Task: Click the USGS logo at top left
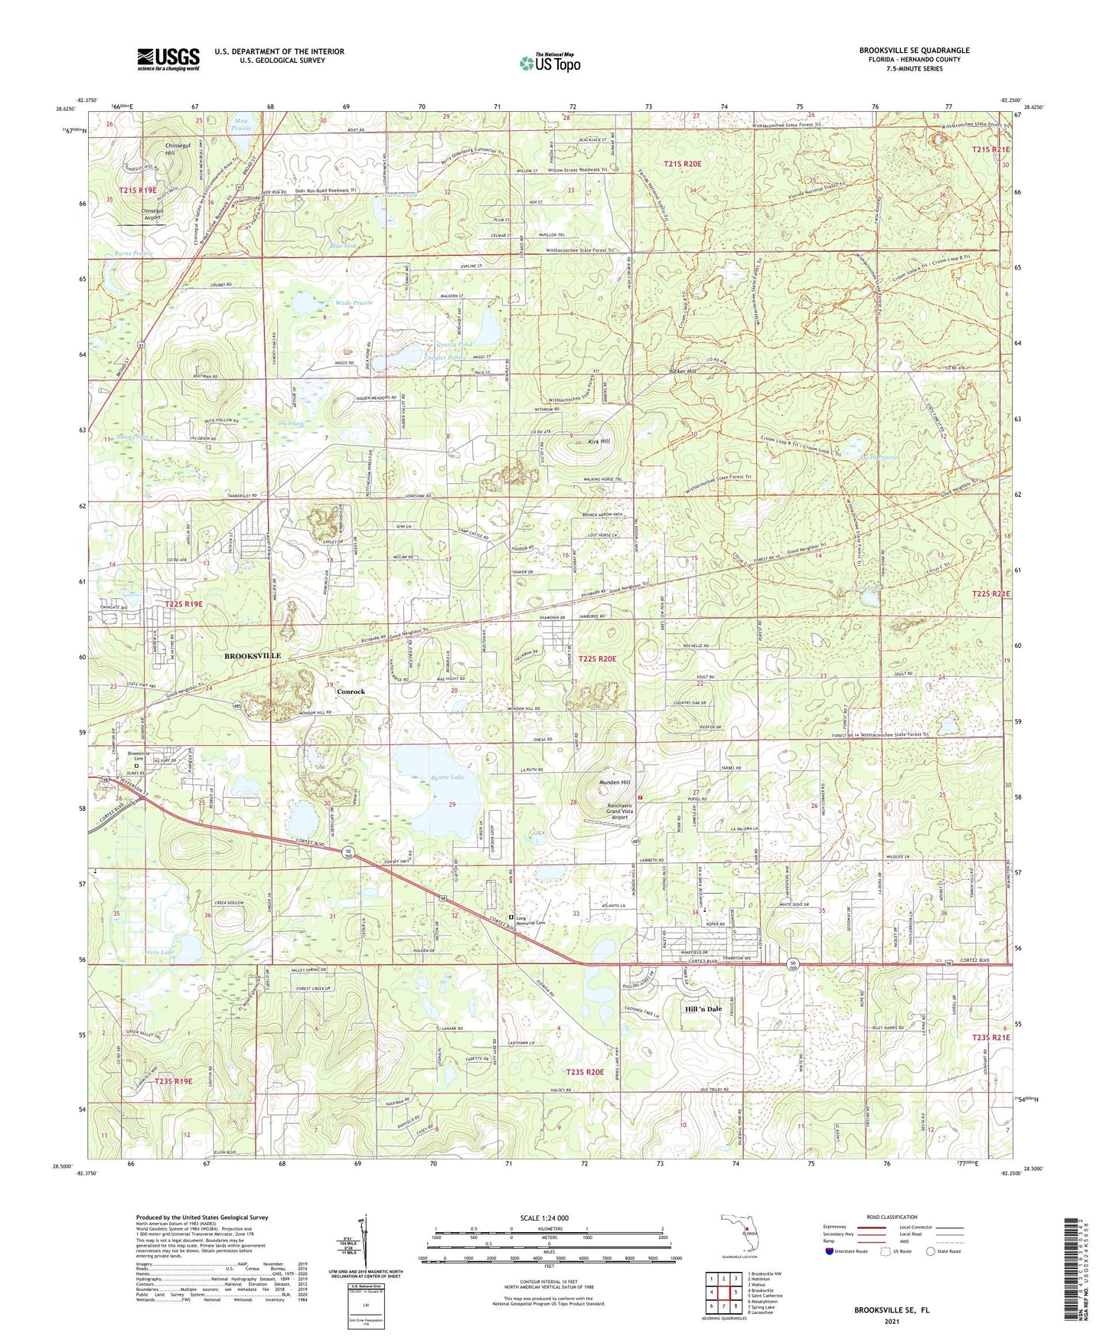coord(168,58)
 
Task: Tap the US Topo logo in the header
coord(549,63)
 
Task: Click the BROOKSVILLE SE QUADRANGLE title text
coord(914,51)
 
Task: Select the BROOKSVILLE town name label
coord(253,656)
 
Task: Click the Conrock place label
coord(351,691)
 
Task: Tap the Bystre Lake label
coord(448,777)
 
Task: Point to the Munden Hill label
coord(615,783)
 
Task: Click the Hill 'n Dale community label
coord(703,1009)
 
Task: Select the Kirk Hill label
coord(599,442)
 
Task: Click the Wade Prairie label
coord(352,303)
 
